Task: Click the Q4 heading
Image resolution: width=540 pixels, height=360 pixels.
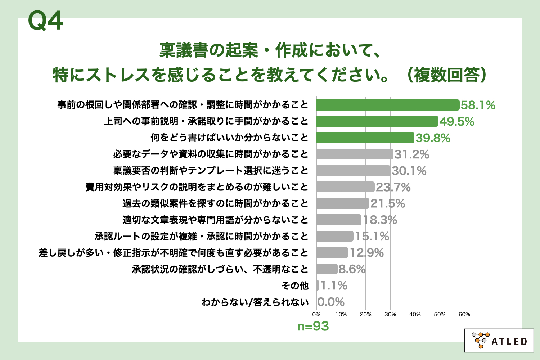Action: (x=46, y=21)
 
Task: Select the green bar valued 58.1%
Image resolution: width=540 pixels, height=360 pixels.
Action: (x=388, y=105)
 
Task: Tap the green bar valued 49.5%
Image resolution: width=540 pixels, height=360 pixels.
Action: (x=377, y=121)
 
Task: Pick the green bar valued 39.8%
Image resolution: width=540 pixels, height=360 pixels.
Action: (x=365, y=138)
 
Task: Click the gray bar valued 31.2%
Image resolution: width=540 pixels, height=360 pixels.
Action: (x=355, y=154)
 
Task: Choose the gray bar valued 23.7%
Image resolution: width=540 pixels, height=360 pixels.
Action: (x=345, y=187)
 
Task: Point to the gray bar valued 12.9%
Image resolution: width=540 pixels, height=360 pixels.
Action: (x=332, y=253)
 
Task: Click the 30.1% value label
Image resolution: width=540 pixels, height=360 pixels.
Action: (x=409, y=171)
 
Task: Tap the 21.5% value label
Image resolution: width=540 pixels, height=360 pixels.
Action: (x=388, y=204)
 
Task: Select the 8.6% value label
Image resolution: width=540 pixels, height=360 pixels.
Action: (x=352, y=269)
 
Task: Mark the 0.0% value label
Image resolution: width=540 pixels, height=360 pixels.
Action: (x=331, y=302)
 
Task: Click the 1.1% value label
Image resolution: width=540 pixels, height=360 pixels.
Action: (x=334, y=286)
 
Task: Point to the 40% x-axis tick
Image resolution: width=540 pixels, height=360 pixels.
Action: (x=415, y=315)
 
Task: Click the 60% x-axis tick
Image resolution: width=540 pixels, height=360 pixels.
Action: (x=464, y=315)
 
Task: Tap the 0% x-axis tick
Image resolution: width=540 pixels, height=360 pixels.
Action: (x=316, y=315)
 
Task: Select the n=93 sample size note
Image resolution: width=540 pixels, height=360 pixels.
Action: (x=313, y=327)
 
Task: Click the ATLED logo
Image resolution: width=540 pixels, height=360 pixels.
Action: (x=499, y=340)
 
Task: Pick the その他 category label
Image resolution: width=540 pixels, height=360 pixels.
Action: (x=295, y=286)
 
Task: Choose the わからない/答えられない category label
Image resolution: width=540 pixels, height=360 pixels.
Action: (x=255, y=302)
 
